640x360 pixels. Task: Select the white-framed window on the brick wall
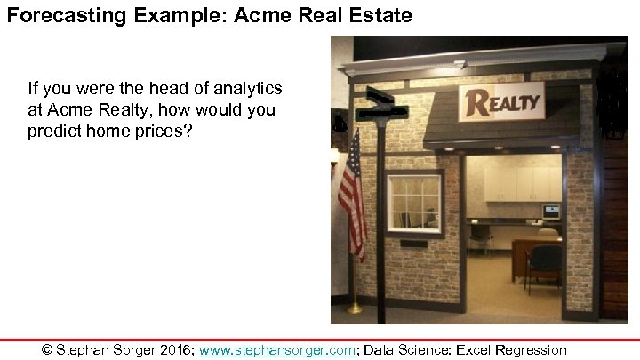click(413, 204)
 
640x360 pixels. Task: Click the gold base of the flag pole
click(355, 308)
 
